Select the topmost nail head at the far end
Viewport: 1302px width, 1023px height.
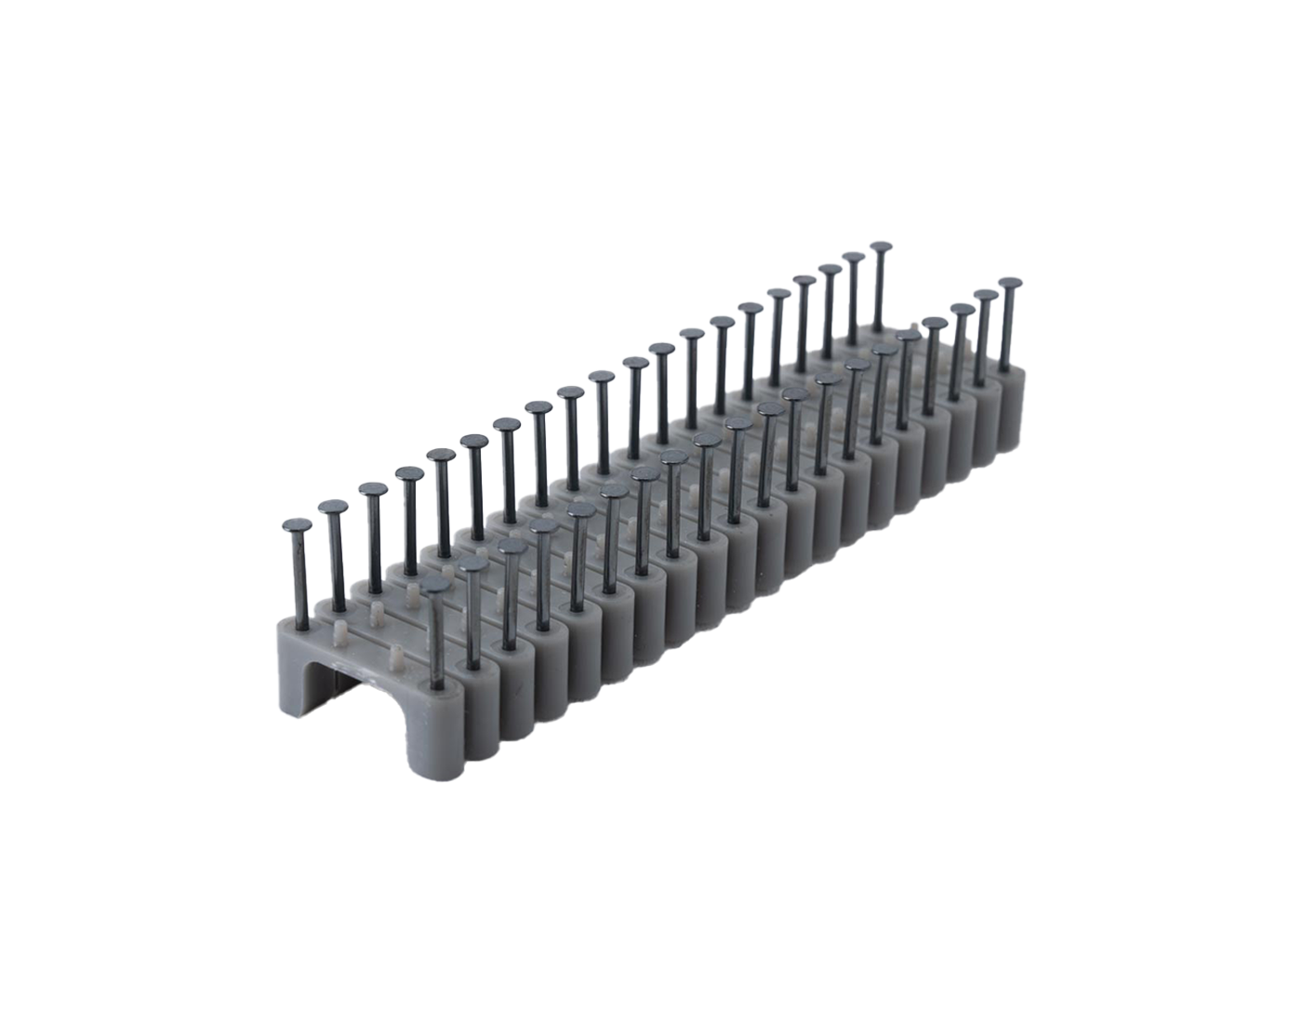[x=879, y=248]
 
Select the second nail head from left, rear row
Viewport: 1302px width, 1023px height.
[x=333, y=507]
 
